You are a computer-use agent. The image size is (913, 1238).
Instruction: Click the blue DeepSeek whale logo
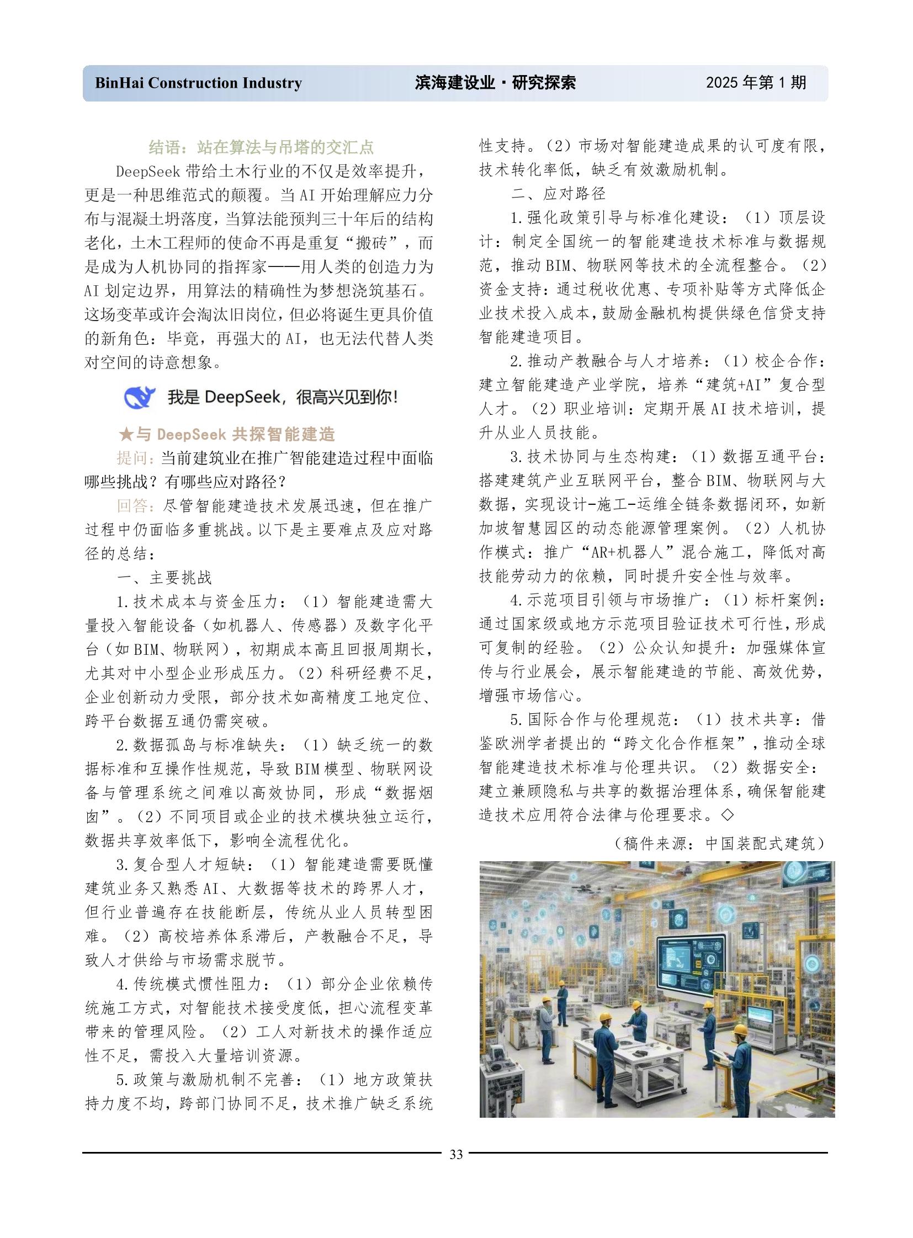139,397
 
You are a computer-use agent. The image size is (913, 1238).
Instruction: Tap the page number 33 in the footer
456,1154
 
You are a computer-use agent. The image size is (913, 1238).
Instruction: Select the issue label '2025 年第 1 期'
756,83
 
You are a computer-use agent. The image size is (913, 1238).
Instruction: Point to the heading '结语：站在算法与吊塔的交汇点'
262,147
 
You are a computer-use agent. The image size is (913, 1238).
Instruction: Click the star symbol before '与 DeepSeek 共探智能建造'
126,434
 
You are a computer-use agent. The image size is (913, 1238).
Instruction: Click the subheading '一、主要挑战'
164,578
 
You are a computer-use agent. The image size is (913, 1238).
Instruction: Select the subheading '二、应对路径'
558,194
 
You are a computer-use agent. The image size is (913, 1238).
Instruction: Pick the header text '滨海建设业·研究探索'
495,83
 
